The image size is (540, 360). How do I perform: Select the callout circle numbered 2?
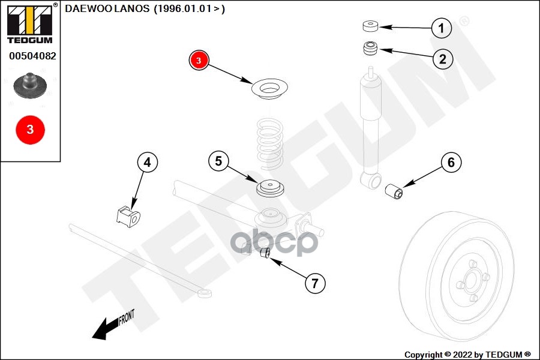[442, 58]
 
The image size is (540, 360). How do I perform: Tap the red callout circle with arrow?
[199, 60]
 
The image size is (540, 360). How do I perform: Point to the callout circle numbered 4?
[148, 162]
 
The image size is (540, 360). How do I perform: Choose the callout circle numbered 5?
[218, 161]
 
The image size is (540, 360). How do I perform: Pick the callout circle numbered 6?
[451, 162]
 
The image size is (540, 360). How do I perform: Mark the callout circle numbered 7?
[314, 283]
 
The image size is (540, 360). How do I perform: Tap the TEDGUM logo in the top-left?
[29, 23]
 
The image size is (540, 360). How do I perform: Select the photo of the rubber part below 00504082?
[30, 87]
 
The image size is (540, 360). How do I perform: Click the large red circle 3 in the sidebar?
[30, 129]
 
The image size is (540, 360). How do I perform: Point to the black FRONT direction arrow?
[107, 327]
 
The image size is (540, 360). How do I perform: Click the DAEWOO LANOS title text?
[145, 9]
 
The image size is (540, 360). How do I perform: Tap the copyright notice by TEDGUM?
[467, 354]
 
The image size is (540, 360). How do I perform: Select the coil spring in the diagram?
[268, 144]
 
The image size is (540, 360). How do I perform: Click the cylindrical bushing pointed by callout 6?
[394, 191]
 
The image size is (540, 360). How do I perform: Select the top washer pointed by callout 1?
[370, 26]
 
